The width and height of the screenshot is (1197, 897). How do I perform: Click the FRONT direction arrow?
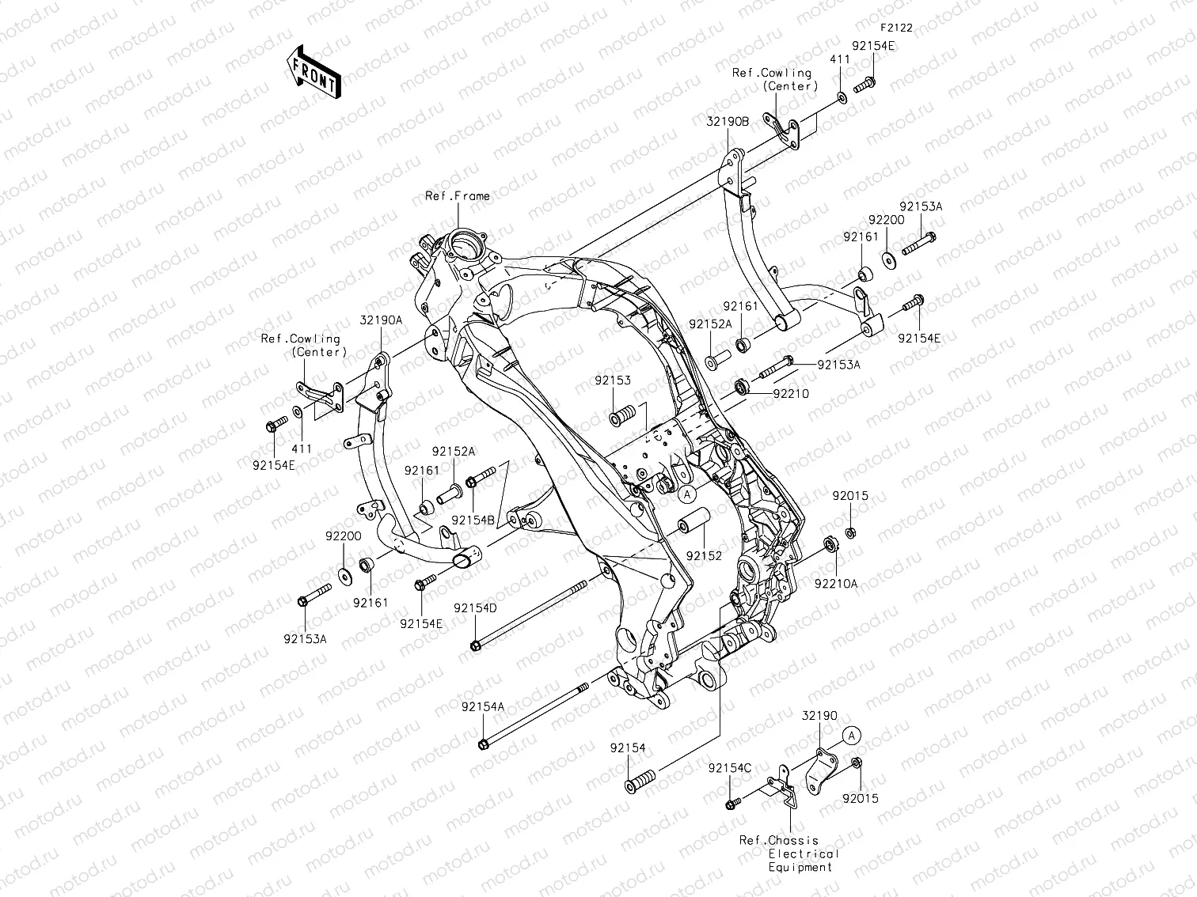313,72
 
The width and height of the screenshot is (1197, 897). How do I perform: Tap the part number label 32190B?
728,123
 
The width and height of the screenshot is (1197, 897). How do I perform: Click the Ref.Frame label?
458,196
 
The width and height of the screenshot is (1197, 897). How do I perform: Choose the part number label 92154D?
475,608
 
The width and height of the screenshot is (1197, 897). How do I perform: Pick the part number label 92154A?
482,706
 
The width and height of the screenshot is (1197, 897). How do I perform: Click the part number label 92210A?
836,584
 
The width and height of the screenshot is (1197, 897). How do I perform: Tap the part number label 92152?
704,556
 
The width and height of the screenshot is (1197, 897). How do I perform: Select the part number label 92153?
614,380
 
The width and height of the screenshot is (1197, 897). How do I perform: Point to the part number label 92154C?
730,767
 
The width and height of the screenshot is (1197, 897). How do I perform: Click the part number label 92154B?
473,520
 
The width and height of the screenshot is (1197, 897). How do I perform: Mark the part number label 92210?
791,393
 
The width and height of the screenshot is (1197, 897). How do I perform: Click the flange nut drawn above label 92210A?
831,545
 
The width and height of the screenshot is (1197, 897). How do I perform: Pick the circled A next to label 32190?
850,736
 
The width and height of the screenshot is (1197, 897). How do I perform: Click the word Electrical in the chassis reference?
803,853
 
